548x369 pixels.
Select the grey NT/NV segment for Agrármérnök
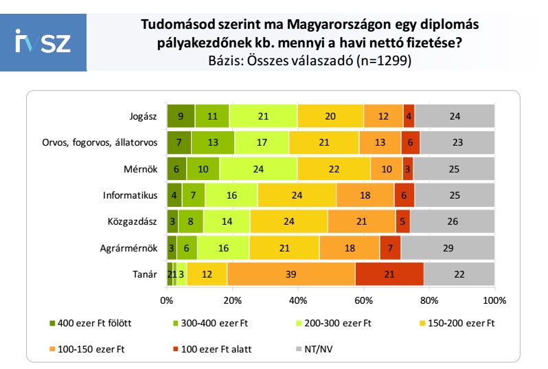pyautogui.click(x=448, y=247)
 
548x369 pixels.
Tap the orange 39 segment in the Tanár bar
pyautogui.click(x=291, y=273)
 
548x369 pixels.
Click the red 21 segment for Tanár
pyautogui.click(x=389, y=273)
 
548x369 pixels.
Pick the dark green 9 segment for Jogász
pyautogui.click(x=181, y=116)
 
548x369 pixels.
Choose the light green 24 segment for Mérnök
pyautogui.click(x=258, y=168)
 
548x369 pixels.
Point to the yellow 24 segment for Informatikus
pyautogui.click(x=297, y=195)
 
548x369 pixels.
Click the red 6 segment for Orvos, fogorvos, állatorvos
pyautogui.click(x=410, y=142)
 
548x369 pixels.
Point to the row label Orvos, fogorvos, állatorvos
pyautogui.click(x=100, y=142)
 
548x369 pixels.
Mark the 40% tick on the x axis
pyautogui.click(x=297, y=300)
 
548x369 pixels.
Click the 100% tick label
pyautogui.click(x=494, y=300)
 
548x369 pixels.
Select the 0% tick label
pyautogui.click(x=166, y=300)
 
